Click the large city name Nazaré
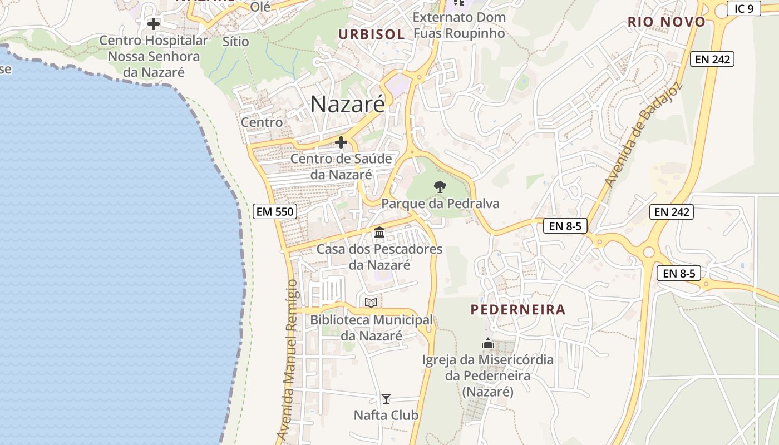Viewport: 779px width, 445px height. pos(347,104)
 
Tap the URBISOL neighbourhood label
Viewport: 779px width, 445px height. pos(371,34)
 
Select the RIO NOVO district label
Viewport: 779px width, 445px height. pos(666,22)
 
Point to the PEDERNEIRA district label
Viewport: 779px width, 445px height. pos(517,310)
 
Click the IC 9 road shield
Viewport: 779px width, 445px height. pos(743,8)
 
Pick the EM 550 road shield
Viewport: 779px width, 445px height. pos(274,211)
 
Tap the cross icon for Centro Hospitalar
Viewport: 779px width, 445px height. pos(153,24)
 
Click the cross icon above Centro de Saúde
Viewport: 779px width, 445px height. pos(341,143)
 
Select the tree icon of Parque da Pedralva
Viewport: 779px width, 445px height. pos(440,187)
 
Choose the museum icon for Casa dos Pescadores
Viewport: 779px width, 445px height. pos(379,232)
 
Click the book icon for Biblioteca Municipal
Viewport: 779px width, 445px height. pos(371,303)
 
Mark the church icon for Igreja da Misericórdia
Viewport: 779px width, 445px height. pos(488,344)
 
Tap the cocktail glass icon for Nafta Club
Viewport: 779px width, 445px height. pos(386,399)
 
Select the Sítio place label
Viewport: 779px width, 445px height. pos(235,41)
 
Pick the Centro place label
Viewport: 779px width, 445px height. pos(262,122)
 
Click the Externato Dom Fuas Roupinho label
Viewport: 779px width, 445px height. pos(459,25)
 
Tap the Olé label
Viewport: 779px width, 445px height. pos(260,7)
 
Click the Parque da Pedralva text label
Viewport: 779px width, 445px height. pos(440,204)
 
